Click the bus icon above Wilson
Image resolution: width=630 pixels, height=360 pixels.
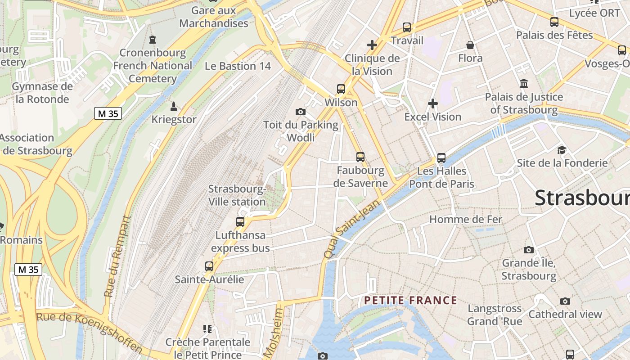click(341, 89)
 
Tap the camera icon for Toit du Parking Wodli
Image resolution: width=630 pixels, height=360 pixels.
click(301, 112)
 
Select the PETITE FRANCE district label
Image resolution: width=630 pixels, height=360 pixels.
click(410, 300)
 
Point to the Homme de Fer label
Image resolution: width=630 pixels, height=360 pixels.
click(466, 219)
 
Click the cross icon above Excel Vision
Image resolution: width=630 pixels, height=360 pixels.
click(433, 103)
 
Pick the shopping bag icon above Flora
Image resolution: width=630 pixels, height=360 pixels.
click(470, 45)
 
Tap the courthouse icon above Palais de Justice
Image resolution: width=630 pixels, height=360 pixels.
click(524, 83)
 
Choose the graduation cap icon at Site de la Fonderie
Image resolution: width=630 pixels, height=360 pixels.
click(562, 150)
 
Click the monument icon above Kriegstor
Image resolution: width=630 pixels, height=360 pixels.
click(174, 107)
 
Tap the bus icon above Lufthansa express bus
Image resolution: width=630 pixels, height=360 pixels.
click(240, 221)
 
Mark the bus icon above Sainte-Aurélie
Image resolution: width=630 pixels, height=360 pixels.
click(209, 266)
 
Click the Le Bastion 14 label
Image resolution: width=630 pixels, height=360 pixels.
click(238, 66)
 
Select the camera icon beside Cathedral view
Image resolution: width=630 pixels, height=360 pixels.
click(565, 301)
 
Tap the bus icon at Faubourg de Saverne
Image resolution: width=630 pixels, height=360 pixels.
click(360, 157)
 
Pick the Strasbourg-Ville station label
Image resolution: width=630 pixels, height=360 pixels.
click(237, 195)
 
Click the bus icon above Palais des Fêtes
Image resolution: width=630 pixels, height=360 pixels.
click(554, 22)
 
